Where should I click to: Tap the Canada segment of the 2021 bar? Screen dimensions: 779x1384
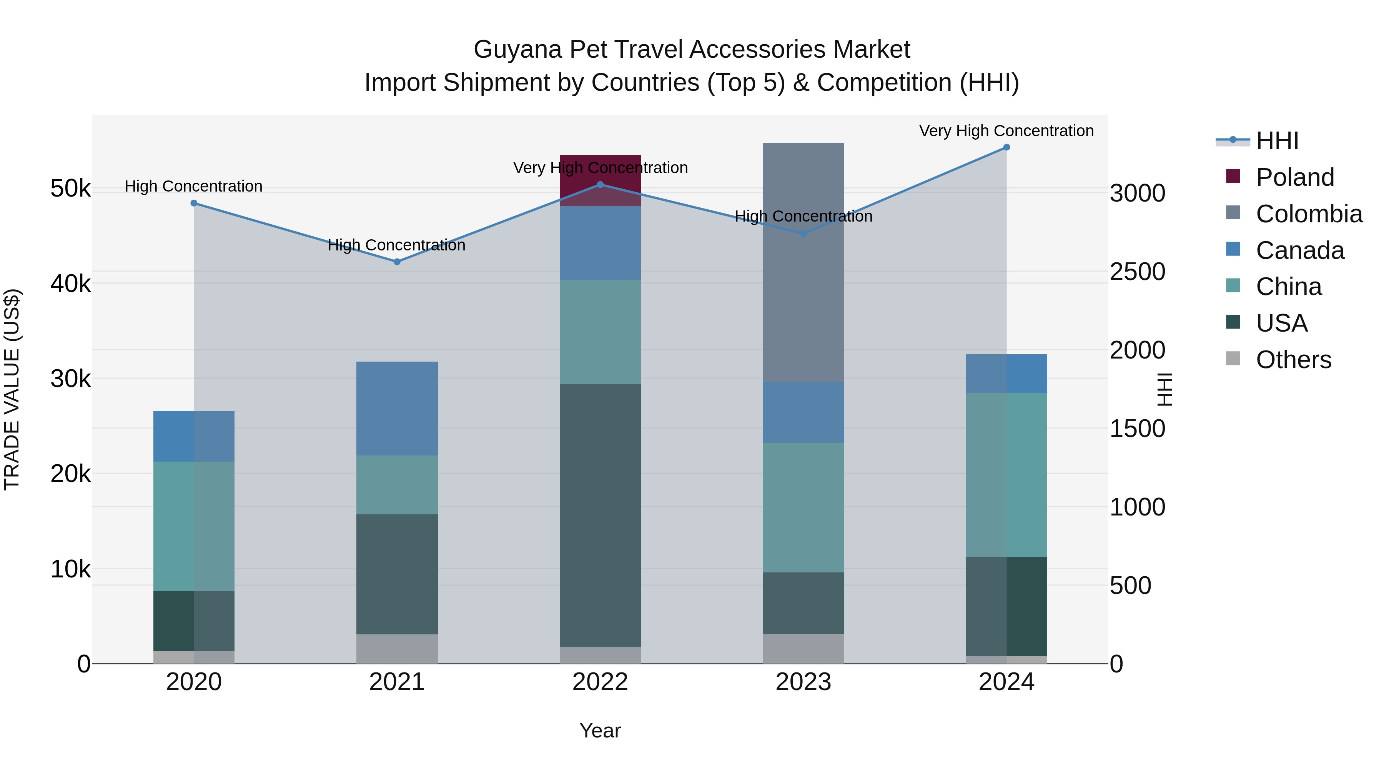click(397, 409)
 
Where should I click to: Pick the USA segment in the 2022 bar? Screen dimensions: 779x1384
click(600, 515)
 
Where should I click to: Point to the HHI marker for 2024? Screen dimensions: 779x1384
click(1006, 147)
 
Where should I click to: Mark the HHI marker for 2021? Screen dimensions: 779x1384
click(397, 262)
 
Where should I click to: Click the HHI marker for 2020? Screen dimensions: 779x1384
click(194, 203)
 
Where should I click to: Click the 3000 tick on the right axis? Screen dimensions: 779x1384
click(1138, 193)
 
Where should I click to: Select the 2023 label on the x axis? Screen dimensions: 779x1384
click(803, 682)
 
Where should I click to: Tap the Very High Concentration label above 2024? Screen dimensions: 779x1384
click(1006, 131)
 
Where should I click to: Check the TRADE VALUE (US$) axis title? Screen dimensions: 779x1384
click(12, 389)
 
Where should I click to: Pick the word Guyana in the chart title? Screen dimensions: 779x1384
click(518, 50)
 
